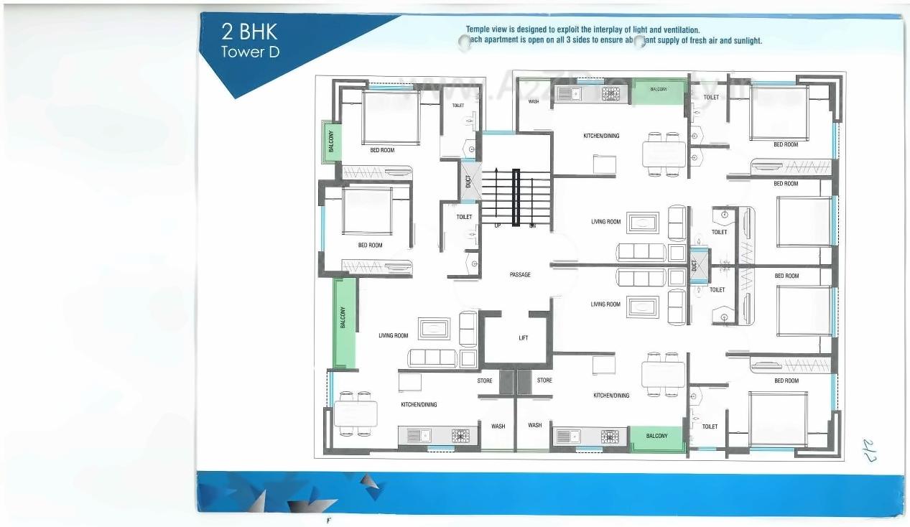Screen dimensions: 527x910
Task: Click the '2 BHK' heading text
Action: point(249,32)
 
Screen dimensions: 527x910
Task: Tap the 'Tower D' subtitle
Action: point(250,52)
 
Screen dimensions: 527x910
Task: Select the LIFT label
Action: point(524,337)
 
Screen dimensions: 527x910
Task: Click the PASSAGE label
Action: point(520,274)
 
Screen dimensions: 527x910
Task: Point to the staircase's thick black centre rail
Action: point(516,197)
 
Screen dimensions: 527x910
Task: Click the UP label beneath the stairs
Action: point(497,225)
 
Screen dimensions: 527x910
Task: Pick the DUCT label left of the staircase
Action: point(468,182)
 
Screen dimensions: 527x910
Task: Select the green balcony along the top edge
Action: point(659,90)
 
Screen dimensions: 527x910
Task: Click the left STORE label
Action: point(485,381)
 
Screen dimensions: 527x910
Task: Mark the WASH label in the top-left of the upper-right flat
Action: point(534,102)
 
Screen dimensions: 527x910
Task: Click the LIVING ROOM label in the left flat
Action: point(393,335)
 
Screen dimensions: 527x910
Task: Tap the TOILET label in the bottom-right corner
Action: point(710,426)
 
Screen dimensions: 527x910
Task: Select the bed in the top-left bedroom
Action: point(391,117)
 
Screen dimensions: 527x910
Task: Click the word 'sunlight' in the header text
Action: point(747,41)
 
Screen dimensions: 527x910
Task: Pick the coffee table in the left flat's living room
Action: point(434,329)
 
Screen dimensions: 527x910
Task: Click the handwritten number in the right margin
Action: point(870,449)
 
